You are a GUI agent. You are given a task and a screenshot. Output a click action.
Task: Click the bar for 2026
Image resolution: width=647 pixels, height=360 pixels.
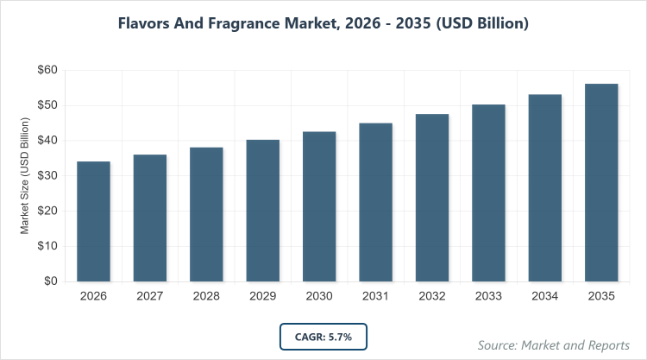tap(93, 221)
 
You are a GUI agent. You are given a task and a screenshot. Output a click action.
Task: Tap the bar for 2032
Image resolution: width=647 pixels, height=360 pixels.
tap(432, 197)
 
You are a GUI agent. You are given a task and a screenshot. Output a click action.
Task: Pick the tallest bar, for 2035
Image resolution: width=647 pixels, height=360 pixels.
tap(601, 182)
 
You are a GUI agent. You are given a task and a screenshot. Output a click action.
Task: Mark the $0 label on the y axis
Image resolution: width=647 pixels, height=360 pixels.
tap(50, 281)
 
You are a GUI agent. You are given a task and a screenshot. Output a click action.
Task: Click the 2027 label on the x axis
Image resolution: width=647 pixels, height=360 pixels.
tap(150, 296)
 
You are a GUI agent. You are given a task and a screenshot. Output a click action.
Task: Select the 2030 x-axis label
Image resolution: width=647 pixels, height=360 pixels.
tap(319, 296)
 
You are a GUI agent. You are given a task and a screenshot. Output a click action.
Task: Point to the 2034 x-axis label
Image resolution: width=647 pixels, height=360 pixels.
tap(545, 296)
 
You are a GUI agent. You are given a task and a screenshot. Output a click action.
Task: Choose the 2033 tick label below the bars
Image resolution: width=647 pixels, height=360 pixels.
tap(488, 296)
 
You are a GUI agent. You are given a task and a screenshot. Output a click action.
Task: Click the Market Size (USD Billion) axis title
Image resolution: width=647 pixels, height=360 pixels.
tap(26, 176)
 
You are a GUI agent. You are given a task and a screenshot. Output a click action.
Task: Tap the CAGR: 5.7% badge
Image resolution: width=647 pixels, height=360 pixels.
tap(323, 336)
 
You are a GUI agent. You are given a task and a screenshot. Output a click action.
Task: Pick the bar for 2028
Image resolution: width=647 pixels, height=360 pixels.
tap(206, 214)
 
